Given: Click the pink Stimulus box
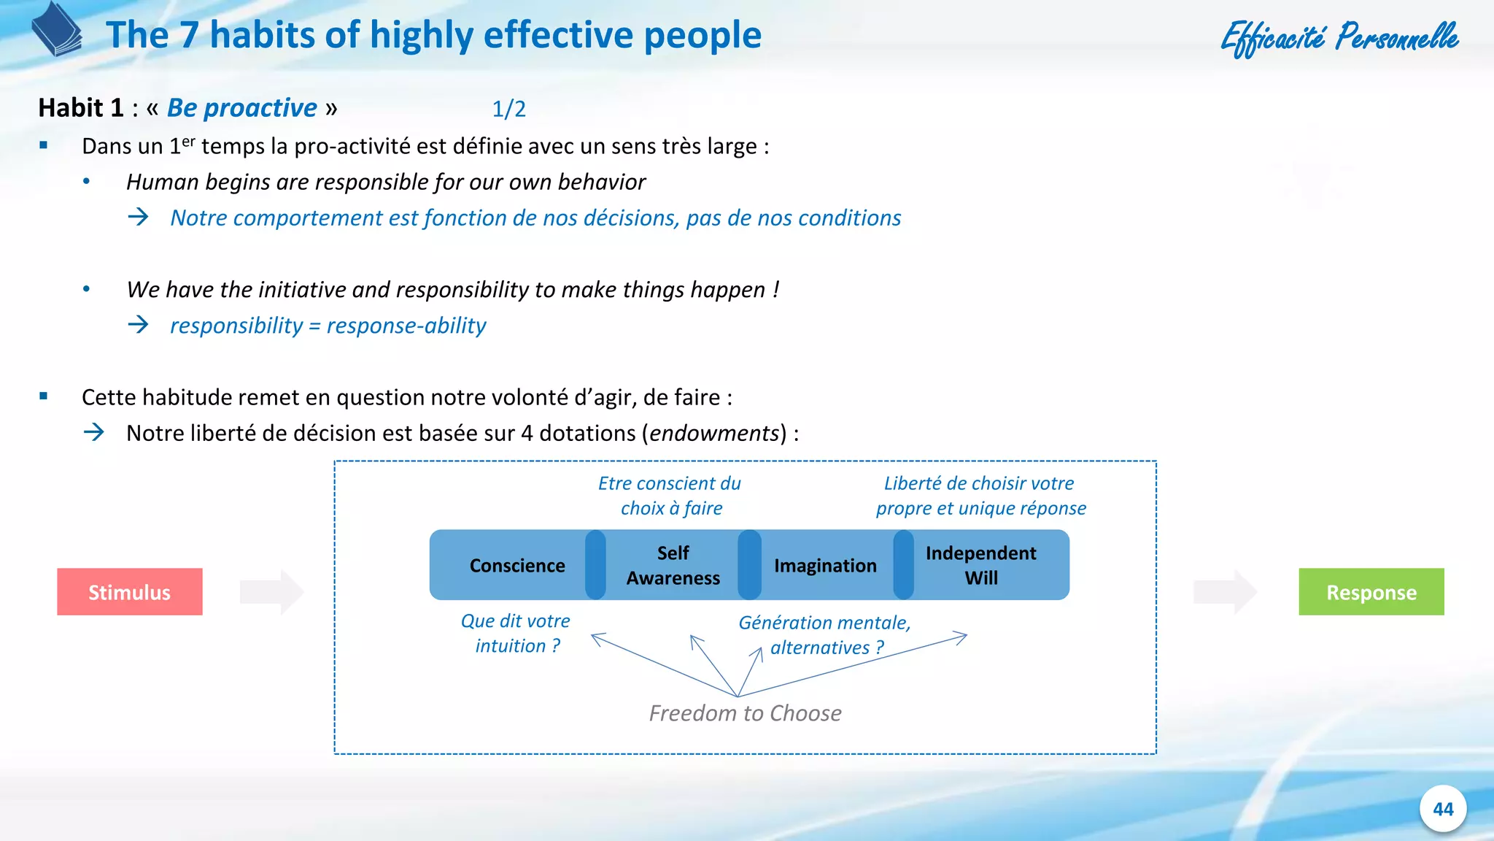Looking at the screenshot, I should point(130,592).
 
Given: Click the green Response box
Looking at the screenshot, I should point(1371,592).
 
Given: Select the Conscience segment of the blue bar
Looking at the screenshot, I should point(516,566).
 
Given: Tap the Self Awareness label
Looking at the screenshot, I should point(673,566).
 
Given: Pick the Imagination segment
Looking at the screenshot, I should point(825,566).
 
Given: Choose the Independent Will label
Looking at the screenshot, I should point(980,566).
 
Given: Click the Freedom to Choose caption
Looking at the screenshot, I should point(745,713).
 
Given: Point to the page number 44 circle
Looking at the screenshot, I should point(1442,809).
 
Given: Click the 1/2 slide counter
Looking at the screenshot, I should point(508,110).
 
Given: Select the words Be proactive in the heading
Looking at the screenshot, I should point(241,108).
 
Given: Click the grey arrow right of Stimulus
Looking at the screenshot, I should point(271,592).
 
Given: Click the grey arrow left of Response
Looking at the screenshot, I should point(1224,592).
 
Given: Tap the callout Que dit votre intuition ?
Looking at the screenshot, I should point(516,634).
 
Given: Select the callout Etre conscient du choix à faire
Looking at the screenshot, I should point(670,496).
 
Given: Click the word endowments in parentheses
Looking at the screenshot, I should point(714,434).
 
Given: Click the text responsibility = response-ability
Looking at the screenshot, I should point(328,326).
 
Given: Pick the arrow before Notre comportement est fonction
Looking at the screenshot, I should point(138,217).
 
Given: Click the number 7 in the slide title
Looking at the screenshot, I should point(189,35).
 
